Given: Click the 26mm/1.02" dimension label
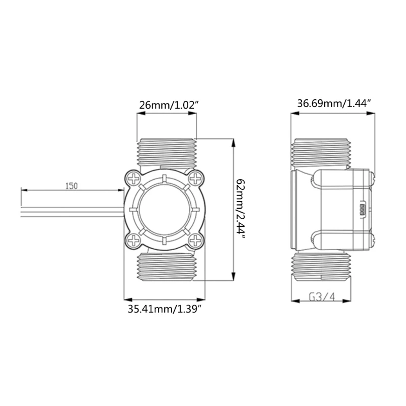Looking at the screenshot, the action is pos(169,105).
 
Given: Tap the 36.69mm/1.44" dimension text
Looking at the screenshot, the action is pos(334,104).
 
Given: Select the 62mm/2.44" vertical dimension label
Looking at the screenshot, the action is pos(241,209).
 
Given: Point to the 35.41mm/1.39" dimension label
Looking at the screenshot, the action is pos(164,309).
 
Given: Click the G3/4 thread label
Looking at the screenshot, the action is pos(322,297).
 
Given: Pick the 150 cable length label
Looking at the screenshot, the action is pos(71,186).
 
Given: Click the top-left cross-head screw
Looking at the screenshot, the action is pos(134,179).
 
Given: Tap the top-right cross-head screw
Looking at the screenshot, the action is pos(195,179).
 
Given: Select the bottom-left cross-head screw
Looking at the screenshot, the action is pos(134,241).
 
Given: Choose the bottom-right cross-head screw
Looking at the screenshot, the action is pos(195,241).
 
